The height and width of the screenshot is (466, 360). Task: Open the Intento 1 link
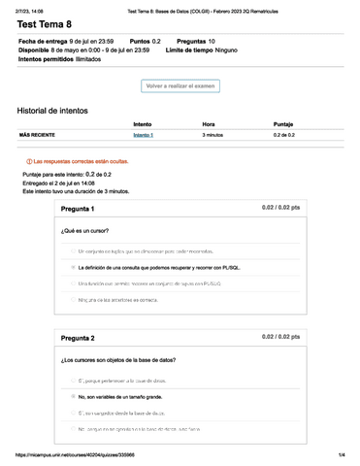tap(143, 135)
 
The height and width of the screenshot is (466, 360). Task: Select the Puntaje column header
tap(283, 124)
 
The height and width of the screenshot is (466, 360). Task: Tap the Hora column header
tap(209, 124)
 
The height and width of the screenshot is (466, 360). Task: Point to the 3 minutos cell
tap(213, 135)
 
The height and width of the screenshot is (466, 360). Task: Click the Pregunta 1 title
tap(78, 209)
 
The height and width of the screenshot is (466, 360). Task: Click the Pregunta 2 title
tap(78, 337)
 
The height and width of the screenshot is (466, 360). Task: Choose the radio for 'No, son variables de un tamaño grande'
tap(72, 396)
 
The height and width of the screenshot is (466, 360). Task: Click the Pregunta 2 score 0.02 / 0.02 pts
tap(281, 336)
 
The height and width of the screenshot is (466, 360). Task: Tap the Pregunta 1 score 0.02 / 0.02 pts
tap(281, 208)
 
